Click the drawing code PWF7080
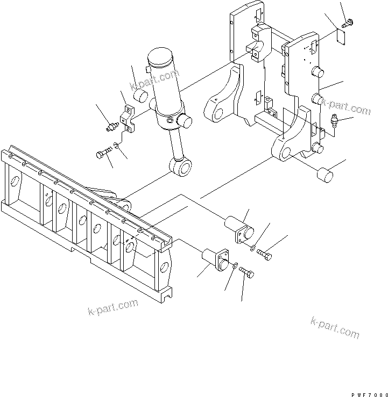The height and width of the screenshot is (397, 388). coord(370,395)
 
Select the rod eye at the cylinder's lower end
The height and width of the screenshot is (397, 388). coord(181,167)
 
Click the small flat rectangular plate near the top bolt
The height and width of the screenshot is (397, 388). coord(340,37)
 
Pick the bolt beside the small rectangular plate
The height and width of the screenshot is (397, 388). coord(348,24)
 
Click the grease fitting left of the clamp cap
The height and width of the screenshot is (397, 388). coord(112,127)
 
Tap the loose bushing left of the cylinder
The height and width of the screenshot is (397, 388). coord(140,96)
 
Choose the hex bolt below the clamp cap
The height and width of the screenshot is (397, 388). coord(104,152)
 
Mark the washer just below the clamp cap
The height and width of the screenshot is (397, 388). coord(117,146)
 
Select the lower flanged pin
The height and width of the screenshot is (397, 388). coord(216,260)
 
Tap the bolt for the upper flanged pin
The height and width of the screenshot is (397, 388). coord(264,255)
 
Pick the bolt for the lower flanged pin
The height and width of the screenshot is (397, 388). coord(246,272)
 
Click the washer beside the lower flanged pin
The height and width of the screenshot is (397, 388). coord(235,265)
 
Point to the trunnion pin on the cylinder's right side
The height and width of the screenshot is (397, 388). coord(185,120)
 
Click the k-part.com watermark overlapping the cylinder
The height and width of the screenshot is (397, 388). coord(154,80)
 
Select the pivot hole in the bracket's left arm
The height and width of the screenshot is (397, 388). coord(218,113)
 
